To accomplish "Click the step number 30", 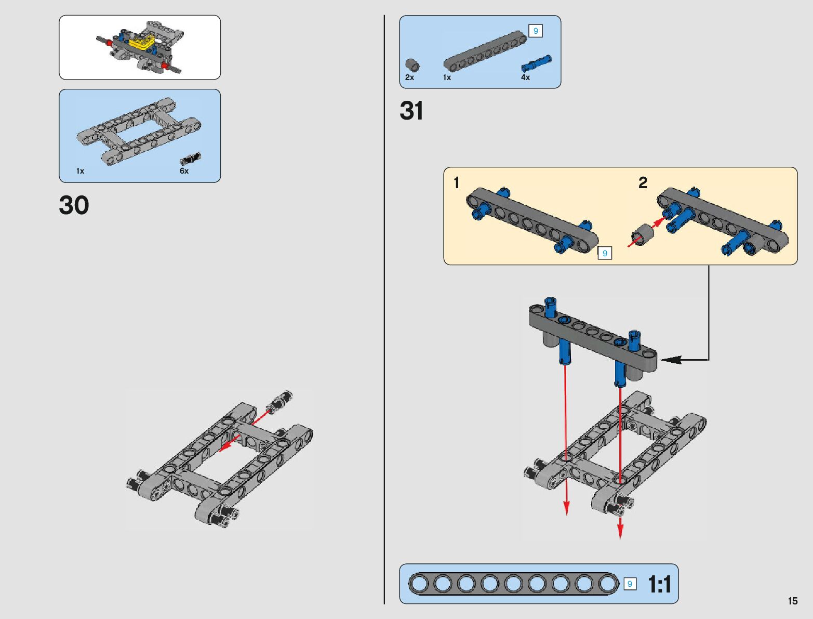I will point(74,205).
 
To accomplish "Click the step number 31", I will point(411,111).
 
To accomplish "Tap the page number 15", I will point(792,601).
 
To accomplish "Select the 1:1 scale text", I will point(659,585).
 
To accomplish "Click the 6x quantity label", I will point(184,171).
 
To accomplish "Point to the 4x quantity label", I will point(525,77).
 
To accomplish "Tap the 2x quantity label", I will point(409,77).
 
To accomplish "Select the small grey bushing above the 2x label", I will point(412,65).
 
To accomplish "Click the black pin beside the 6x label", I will point(191,159).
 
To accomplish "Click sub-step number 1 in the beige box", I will point(456,183).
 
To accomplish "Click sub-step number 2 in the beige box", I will point(643,183).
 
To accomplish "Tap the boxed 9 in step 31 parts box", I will point(535,31).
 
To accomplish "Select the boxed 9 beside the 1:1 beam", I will point(630,584).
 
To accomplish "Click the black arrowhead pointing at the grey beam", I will point(670,359).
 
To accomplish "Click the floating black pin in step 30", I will point(280,402).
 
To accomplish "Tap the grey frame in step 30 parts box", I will point(139,130).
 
